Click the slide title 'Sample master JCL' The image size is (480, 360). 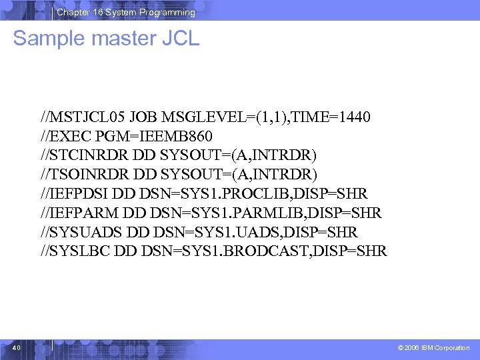click(x=106, y=38)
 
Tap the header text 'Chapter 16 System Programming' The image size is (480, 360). click(x=126, y=12)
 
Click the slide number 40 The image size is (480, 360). click(x=17, y=347)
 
